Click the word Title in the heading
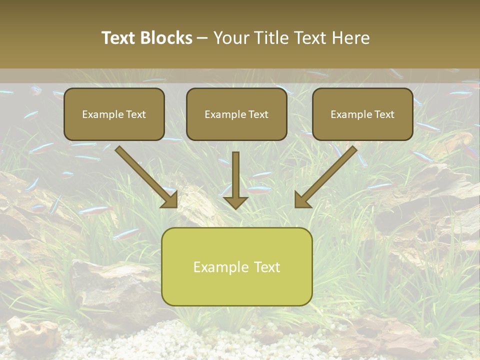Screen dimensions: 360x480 tap(273, 38)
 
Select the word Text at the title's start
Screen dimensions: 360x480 tap(119, 38)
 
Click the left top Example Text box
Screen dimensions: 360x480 tap(114, 114)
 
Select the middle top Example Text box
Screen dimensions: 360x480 tap(236, 114)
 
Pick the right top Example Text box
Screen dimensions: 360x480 tap(362, 114)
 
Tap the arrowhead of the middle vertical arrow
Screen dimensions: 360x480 tap(235, 202)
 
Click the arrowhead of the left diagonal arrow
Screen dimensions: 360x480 tap(170, 200)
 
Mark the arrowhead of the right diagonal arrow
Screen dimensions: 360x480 tap(302, 200)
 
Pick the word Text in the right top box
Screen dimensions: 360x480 tap(384, 114)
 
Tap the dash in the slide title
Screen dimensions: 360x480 tap(202, 38)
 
